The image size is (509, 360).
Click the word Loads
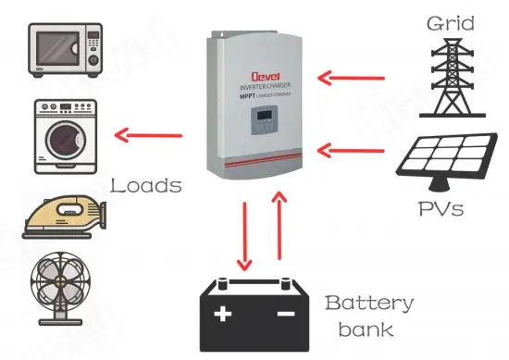point(145,185)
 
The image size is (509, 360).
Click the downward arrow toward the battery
point(245,231)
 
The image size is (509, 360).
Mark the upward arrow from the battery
point(278,231)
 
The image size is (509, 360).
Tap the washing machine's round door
point(63,143)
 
